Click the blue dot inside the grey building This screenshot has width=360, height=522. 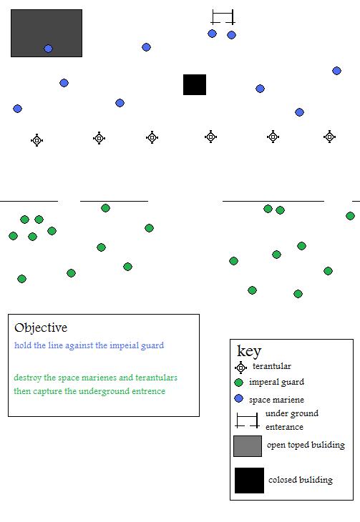(49, 49)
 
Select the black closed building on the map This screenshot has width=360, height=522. (195, 84)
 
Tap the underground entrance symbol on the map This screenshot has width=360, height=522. (223, 17)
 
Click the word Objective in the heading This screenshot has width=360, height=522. (41, 328)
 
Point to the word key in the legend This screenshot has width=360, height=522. (249, 351)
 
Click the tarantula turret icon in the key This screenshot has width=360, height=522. (240, 368)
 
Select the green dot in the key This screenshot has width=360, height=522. (238, 383)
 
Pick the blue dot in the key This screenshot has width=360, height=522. (238, 398)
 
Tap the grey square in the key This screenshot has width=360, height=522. (248, 446)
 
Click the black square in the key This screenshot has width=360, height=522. (249, 481)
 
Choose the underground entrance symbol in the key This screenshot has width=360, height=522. (247, 420)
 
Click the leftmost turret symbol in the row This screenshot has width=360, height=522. (37, 140)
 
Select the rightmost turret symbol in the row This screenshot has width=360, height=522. (330, 137)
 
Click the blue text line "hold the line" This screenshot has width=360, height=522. (89, 345)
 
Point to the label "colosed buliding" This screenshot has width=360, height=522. (301, 480)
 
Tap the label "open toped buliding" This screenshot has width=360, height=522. (306, 445)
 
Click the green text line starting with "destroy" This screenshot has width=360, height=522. (95, 378)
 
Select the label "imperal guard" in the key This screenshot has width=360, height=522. (276, 382)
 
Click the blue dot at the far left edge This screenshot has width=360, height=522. (17, 109)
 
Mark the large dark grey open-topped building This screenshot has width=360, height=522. (47, 34)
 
